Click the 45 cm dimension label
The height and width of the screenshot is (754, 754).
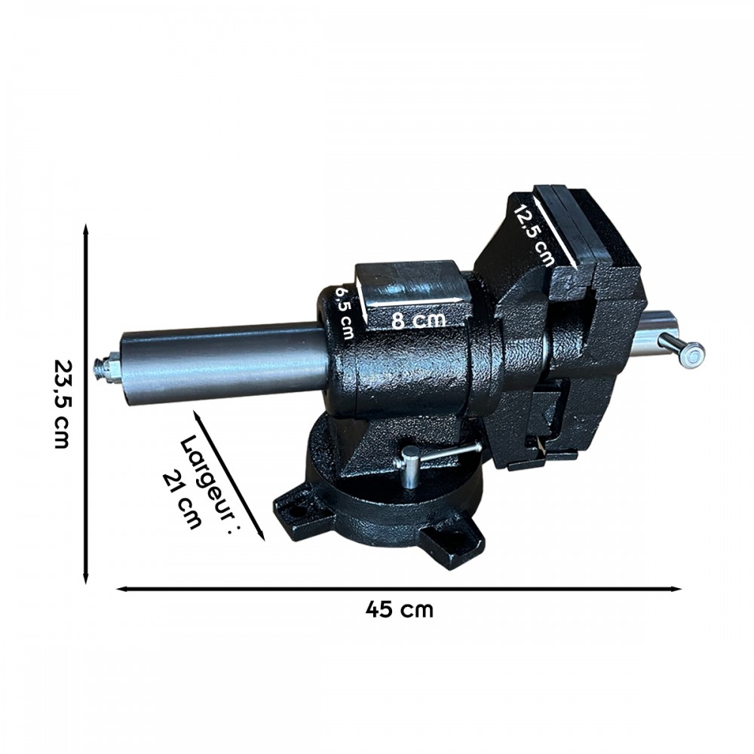click(399, 610)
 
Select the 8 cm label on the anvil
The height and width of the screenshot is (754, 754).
click(418, 319)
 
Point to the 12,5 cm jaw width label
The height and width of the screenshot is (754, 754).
click(535, 235)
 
